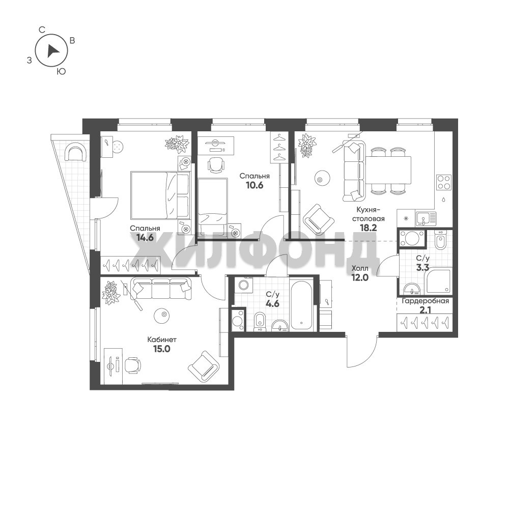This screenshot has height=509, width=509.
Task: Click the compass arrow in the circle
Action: coord(52,51)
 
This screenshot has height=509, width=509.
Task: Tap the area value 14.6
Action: coord(145,238)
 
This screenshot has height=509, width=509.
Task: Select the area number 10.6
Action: coord(254,185)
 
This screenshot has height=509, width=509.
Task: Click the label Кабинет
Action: coord(162,340)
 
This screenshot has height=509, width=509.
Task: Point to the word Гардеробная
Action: coord(425,301)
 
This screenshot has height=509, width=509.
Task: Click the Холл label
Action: coord(360,268)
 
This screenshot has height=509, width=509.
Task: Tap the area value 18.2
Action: coord(368,228)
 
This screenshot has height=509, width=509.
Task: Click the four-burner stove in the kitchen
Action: coord(444,182)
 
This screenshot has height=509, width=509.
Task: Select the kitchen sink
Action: coord(426,218)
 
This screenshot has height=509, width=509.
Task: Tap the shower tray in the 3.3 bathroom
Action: coord(439,280)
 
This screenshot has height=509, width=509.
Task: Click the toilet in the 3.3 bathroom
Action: coord(440,240)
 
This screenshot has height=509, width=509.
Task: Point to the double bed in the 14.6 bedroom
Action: coord(160,195)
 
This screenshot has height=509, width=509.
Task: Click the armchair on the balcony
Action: coord(76,152)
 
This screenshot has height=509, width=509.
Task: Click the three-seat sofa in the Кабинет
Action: coord(161,289)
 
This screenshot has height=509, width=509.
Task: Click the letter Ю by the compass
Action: coord(61,71)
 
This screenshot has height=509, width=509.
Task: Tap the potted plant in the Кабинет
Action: coord(110,293)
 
